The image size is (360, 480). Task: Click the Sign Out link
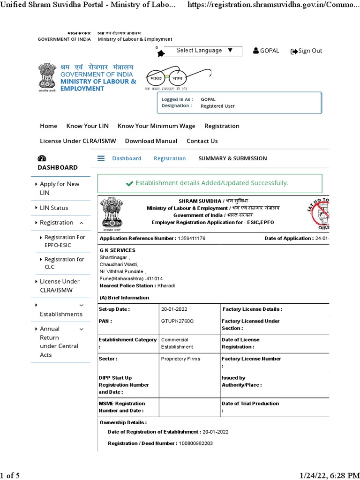coord(307,51)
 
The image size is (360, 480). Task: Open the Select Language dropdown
coord(204,51)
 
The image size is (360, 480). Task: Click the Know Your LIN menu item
coord(87,126)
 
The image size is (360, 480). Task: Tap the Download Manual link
coord(151,141)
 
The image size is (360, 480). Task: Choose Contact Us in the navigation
coord(202,141)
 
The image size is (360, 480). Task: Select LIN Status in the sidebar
coord(54,208)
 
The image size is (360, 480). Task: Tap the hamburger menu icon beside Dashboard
coord(101,158)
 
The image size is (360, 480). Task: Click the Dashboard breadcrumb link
coord(127,158)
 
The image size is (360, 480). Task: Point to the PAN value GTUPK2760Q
coord(177,321)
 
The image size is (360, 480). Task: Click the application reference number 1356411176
coord(191,239)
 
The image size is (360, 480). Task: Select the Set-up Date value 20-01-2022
coord(174,309)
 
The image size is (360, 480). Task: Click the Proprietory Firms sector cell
coord(180,359)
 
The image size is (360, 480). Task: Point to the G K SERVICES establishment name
coord(117,250)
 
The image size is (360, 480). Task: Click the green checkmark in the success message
coord(129,183)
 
